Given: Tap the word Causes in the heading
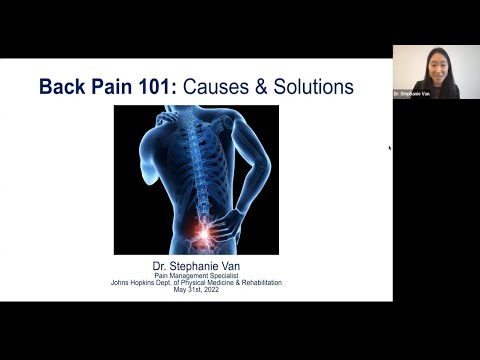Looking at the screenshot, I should click(x=221, y=86).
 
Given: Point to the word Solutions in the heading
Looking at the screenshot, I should click(x=313, y=86).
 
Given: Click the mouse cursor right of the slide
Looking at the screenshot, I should click(x=390, y=149).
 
